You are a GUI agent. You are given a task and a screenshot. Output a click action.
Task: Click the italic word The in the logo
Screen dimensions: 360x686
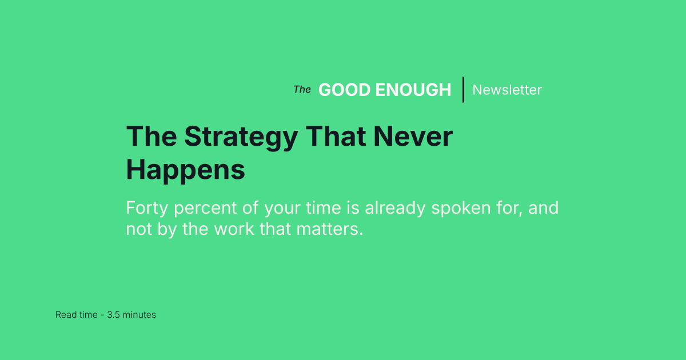(302, 90)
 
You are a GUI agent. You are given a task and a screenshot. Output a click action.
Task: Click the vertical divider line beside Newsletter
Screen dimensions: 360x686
(463, 90)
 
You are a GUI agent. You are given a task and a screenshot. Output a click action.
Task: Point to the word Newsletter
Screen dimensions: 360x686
(507, 90)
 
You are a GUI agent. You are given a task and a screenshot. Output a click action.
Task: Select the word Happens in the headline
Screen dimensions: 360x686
(185, 170)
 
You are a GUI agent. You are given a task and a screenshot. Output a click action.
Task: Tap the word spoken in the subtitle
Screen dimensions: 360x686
(463, 209)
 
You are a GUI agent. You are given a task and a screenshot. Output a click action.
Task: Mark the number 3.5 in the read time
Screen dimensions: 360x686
(114, 315)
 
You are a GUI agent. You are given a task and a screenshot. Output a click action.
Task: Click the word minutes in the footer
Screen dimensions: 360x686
(139, 315)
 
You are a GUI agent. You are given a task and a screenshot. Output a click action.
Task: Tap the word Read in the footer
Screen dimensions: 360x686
(65, 315)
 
